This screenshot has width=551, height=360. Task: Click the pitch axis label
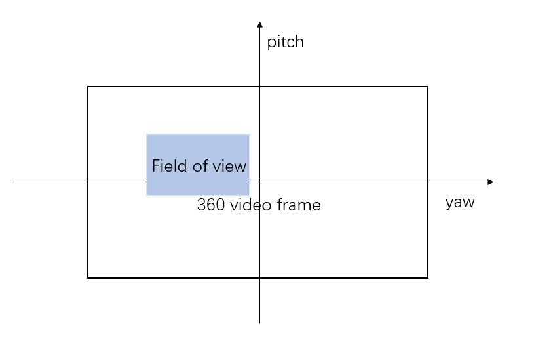[x=285, y=43]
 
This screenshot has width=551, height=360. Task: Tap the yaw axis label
[x=459, y=202]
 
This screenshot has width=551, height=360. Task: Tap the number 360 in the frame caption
[x=211, y=205]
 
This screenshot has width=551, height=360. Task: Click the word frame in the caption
[x=299, y=205]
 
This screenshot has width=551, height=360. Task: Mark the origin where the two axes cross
[x=260, y=182]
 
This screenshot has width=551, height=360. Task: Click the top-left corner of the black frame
[x=88, y=87]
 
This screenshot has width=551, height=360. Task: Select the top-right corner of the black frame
[x=428, y=87]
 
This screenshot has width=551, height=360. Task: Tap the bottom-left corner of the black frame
[x=88, y=277]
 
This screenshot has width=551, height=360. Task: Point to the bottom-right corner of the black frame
[x=428, y=277]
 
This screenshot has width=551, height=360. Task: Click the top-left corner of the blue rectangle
[x=147, y=134]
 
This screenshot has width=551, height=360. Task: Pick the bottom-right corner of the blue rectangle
[x=250, y=195]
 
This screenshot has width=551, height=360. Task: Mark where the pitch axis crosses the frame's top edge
[x=260, y=87]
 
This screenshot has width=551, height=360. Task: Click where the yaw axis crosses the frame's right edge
[x=428, y=182]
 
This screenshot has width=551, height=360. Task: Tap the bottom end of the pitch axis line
[x=260, y=323]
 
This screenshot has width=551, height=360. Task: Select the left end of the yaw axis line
[x=14, y=182]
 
